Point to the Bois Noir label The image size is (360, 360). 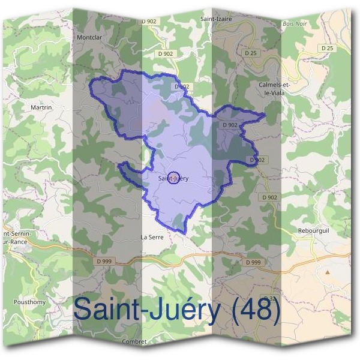293,25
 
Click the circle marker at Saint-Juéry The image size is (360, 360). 173,178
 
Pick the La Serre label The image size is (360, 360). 152,237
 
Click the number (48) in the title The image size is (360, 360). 255,309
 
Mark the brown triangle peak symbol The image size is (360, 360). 328,272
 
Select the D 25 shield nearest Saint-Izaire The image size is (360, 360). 251,53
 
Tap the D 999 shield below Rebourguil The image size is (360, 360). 253,263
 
